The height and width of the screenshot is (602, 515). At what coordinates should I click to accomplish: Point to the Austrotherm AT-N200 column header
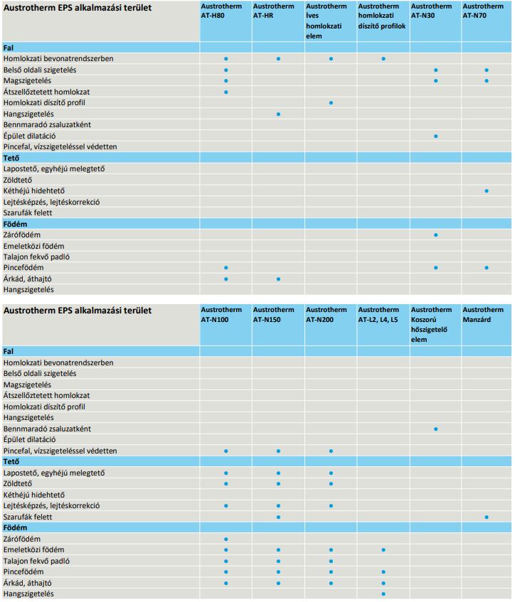[326, 315]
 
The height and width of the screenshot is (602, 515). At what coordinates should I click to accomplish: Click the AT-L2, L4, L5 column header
[379, 315]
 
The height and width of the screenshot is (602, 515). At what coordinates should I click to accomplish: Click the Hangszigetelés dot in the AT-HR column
[278, 114]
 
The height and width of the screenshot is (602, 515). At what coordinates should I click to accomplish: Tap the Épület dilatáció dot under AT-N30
[435, 136]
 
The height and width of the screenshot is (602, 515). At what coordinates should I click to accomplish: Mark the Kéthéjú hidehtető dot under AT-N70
[487, 190]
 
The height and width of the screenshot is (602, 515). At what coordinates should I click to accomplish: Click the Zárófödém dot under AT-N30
[435, 235]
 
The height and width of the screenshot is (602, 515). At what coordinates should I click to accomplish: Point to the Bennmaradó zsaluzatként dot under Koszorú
[435, 429]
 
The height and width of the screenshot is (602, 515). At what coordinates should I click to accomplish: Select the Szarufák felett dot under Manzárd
[487, 517]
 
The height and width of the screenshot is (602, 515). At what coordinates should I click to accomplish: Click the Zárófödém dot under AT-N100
[225, 539]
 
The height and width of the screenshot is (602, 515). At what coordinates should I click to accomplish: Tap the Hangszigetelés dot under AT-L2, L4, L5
[383, 593]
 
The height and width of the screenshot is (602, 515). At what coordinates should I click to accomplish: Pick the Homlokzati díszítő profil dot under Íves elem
[331, 103]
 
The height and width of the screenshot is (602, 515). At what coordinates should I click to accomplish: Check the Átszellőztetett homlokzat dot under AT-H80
[225, 92]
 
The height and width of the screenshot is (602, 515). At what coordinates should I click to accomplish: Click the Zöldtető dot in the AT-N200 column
[331, 484]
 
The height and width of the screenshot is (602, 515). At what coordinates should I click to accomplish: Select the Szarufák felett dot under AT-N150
[278, 517]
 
